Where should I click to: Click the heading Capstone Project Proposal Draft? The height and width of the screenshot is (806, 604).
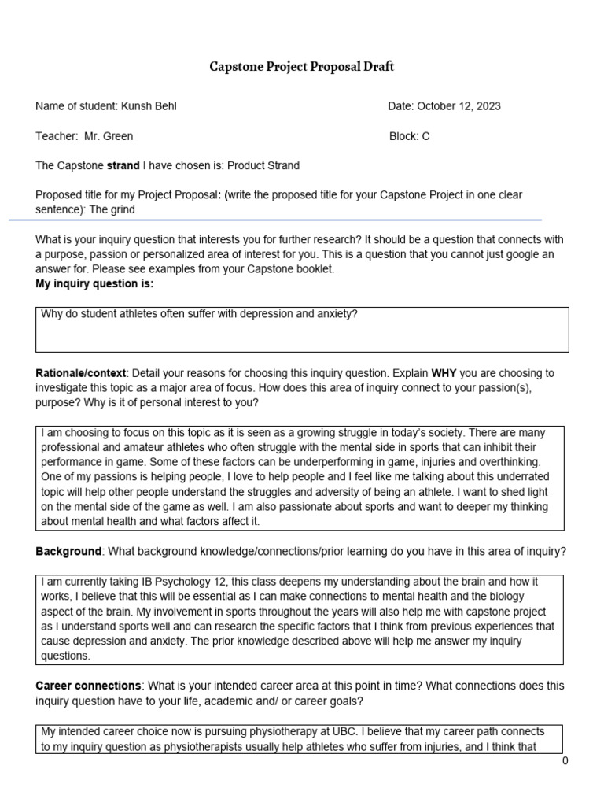click(301, 67)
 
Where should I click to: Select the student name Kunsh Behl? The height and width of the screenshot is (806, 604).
click(154, 106)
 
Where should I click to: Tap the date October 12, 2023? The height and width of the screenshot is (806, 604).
click(459, 106)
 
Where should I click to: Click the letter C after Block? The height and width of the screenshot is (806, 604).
click(425, 136)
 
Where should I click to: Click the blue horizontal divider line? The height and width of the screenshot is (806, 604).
click(275, 220)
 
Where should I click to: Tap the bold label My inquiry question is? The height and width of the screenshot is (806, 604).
click(94, 283)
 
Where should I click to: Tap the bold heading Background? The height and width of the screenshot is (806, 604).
click(68, 551)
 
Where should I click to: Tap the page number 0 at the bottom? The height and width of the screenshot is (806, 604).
click(565, 761)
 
